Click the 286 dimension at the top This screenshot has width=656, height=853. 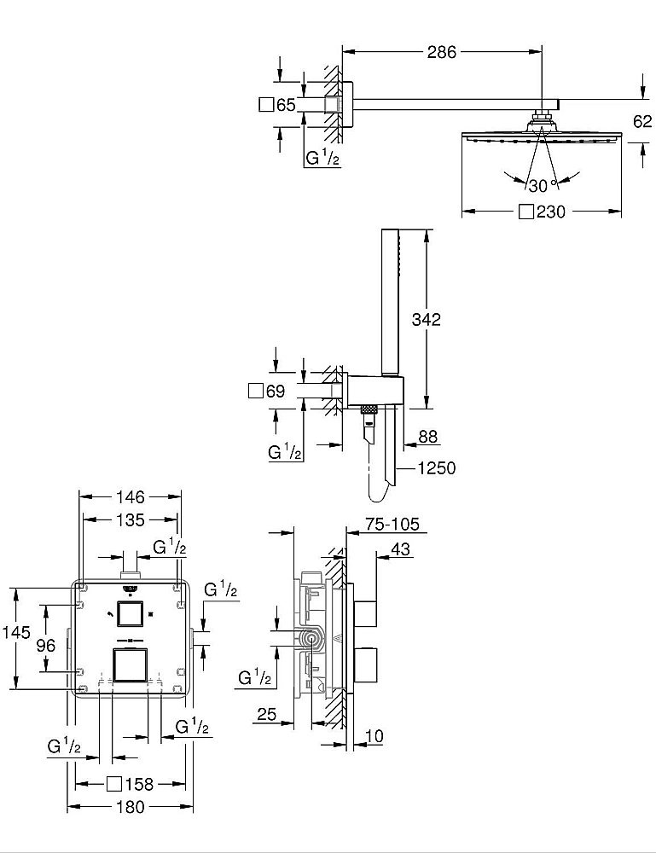(x=442, y=52)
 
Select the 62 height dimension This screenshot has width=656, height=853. (x=642, y=121)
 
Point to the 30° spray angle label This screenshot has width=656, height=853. (x=537, y=185)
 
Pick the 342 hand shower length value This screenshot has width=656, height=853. (x=426, y=320)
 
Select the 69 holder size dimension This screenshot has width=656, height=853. (x=274, y=392)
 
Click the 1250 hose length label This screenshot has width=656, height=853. (x=437, y=467)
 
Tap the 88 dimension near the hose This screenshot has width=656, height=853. (x=427, y=436)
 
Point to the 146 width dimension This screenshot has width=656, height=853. (x=131, y=496)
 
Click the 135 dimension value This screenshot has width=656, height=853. (x=131, y=519)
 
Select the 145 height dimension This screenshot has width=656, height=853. (x=16, y=633)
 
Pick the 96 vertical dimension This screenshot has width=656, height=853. (x=45, y=646)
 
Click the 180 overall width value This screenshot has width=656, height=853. (x=130, y=807)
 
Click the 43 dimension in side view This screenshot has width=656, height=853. (x=399, y=549)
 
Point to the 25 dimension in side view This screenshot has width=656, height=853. (x=267, y=715)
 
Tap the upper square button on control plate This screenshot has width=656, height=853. (x=131, y=614)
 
